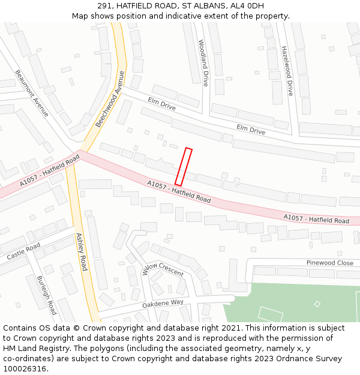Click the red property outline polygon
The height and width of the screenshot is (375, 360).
point(184,166)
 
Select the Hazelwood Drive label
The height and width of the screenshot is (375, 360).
point(287,71)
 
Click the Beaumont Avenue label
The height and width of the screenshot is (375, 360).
point(32,94)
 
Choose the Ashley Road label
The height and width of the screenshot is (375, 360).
point(82,251)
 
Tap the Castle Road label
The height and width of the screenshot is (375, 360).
point(23,251)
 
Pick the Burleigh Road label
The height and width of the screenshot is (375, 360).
point(47,295)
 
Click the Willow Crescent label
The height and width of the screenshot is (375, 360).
point(163,269)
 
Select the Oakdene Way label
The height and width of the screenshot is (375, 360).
point(163,304)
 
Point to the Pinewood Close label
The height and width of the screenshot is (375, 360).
point(329,263)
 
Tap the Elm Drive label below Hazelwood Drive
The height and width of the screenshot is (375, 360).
point(251,129)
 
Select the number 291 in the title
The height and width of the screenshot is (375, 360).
point(104,6)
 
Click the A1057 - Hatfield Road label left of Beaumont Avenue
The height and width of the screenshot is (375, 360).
point(50,170)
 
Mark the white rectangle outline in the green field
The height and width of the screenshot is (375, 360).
point(270,314)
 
